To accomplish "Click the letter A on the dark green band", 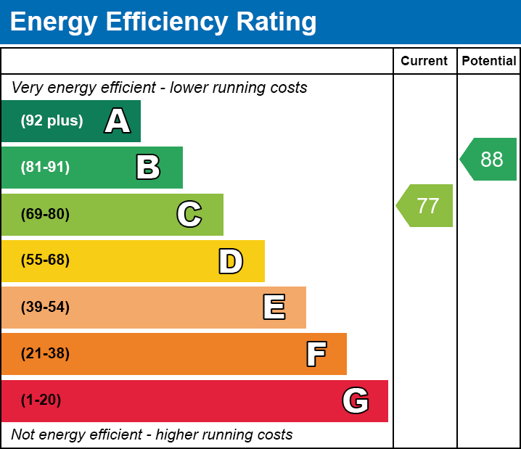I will (118, 121).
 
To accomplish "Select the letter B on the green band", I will (148, 168).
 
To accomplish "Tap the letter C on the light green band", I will (189, 214).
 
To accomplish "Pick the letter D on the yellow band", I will (231, 261).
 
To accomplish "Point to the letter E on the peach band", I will (274, 308).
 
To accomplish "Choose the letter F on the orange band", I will (316, 354).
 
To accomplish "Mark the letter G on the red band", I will (356, 400).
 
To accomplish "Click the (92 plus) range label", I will (52, 121).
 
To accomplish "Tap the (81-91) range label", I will (45, 168).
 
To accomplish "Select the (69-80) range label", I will (45, 214).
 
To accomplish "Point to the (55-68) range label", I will (45, 260).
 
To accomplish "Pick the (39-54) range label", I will (45, 308).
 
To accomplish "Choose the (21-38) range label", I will (45, 354).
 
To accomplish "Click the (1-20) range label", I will (41, 400).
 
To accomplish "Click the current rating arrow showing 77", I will (426, 206).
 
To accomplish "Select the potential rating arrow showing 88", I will (490, 160).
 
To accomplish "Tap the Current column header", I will (424, 62).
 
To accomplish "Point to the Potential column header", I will (489, 62).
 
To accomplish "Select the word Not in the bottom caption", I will (24, 435).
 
